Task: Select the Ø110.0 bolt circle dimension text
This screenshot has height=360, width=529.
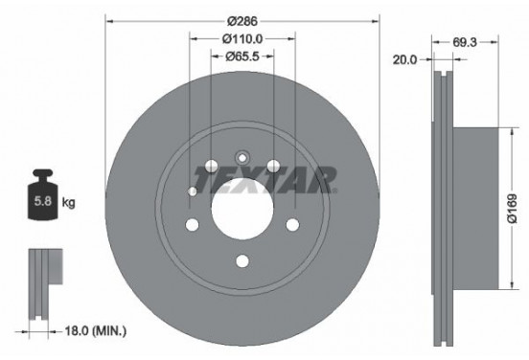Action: (241, 38)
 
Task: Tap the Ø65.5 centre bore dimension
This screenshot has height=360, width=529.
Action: (241, 56)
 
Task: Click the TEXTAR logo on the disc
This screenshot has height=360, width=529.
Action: (264, 178)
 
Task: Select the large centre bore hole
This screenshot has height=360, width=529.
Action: (241, 206)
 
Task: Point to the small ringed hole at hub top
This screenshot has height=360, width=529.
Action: (241, 158)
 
